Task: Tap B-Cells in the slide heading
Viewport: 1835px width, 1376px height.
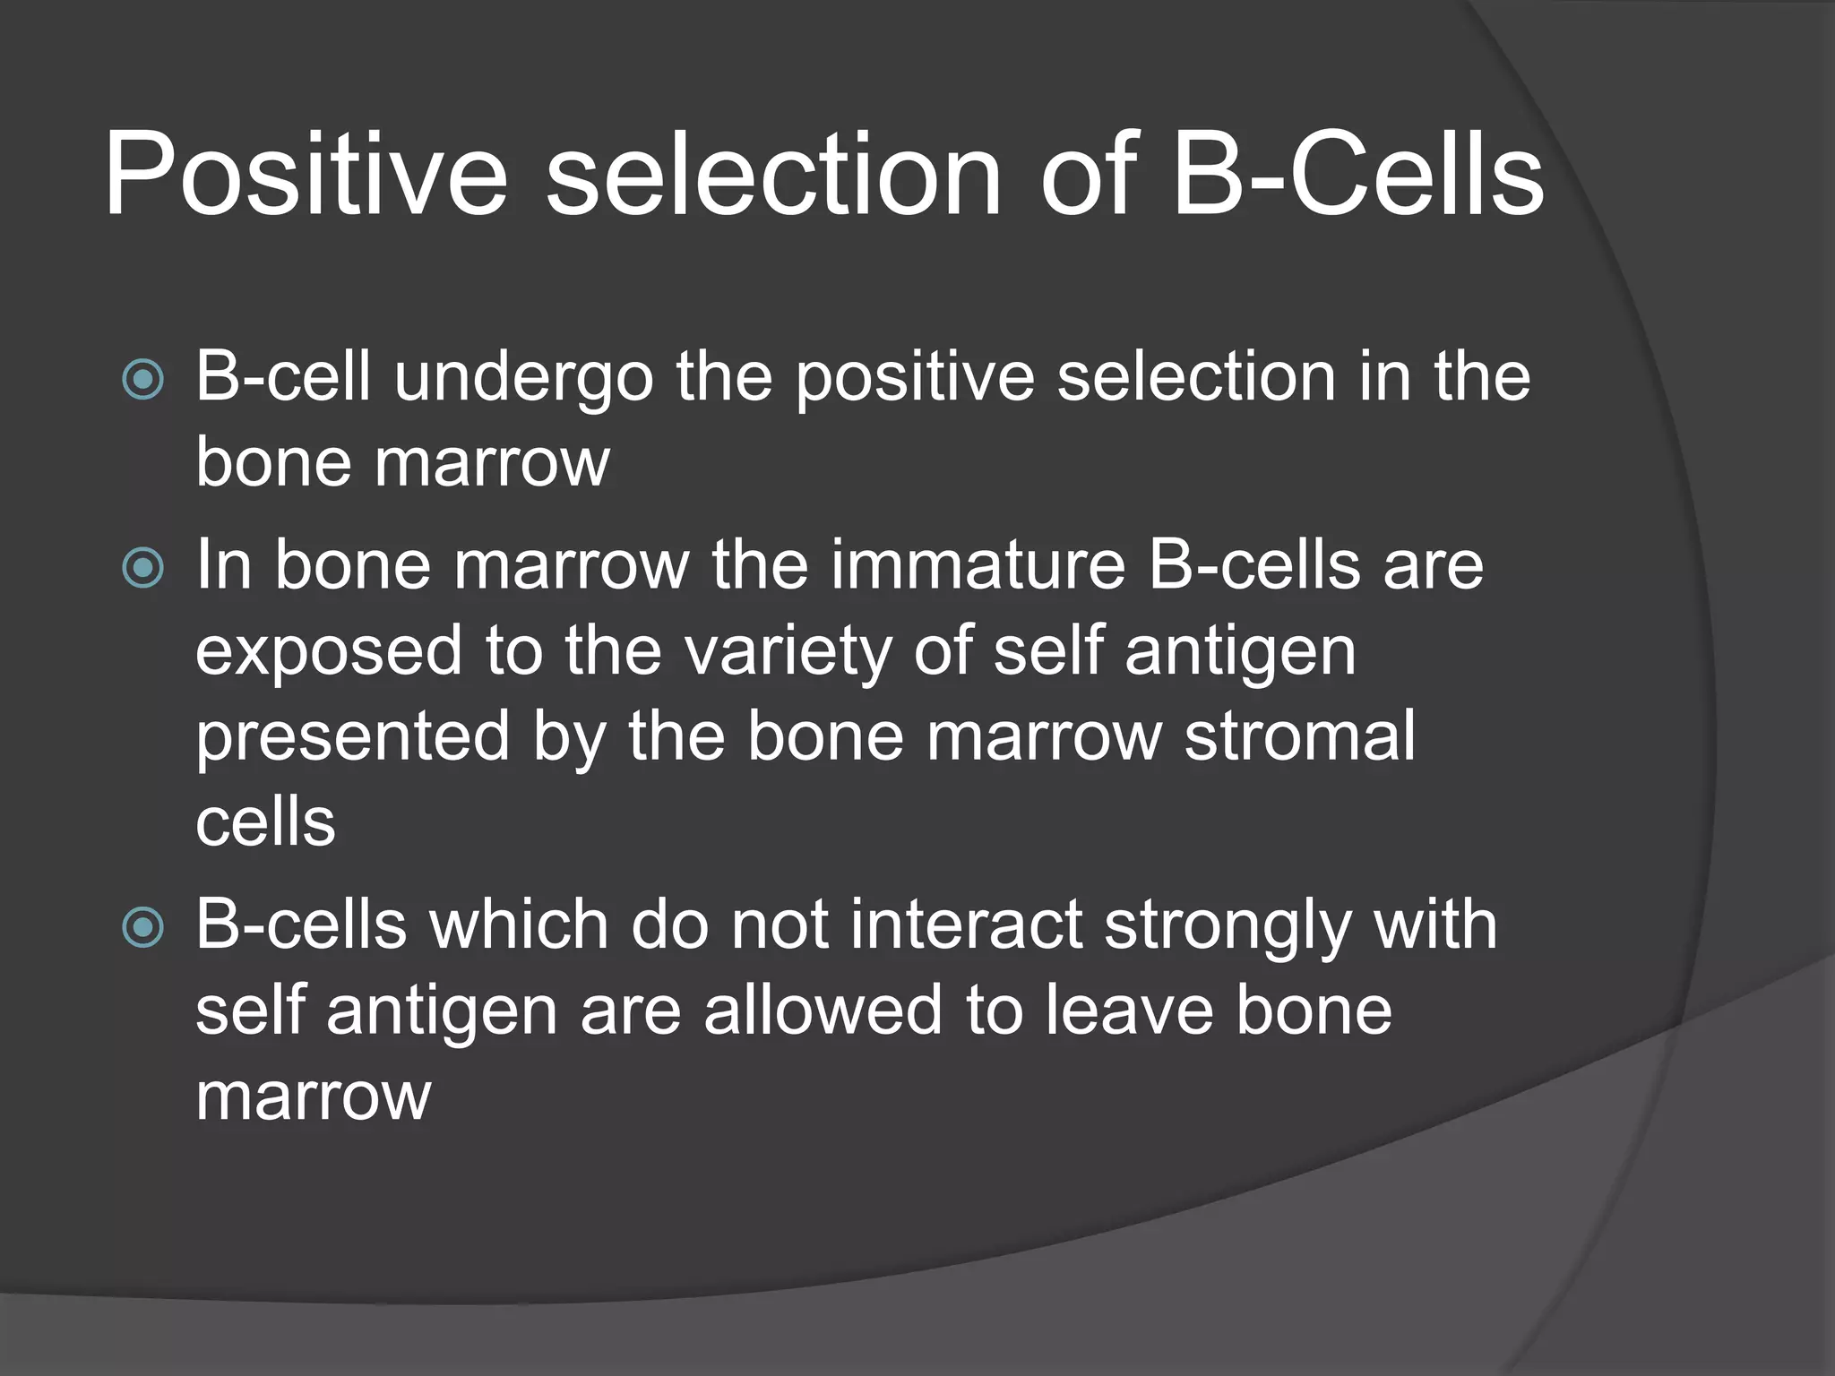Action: (1358, 176)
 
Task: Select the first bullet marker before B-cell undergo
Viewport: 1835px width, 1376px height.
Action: (142, 380)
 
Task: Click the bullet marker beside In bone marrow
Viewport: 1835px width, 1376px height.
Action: (142, 568)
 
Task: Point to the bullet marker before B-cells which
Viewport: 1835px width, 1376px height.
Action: (142, 928)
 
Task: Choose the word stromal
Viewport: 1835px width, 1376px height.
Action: (1299, 737)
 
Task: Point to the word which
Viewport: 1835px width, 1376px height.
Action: (519, 925)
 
